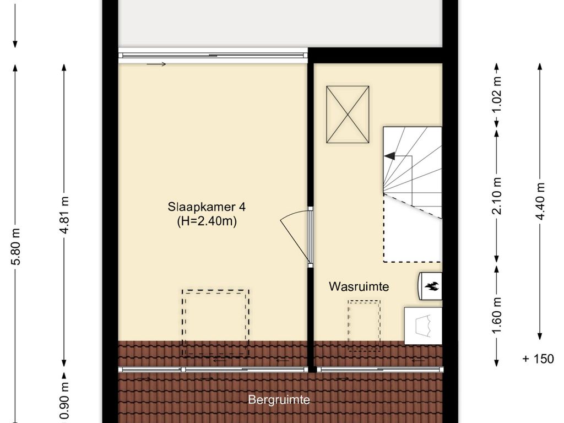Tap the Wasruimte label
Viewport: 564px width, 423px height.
[359, 286]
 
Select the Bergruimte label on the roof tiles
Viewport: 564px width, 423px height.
[279, 400]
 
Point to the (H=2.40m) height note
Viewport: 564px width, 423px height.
[207, 221]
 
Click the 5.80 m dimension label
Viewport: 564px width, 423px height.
[16, 246]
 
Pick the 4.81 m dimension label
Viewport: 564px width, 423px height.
[65, 215]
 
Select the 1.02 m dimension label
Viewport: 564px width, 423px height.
[497, 94]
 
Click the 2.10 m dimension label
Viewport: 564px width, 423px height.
[497, 197]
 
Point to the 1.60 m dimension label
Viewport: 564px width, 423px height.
[497, 316]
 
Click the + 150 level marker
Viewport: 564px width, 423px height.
[538, 359]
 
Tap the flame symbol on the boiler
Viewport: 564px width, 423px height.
[432, 286]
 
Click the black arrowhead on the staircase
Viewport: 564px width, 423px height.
[389, 156]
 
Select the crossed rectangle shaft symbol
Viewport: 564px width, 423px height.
[348, 115]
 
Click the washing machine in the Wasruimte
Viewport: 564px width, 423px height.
[423, 326]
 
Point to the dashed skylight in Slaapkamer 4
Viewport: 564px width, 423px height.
[215, 323]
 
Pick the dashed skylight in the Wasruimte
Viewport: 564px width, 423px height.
[364, 326]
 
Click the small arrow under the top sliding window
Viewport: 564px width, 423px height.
[156, 64]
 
